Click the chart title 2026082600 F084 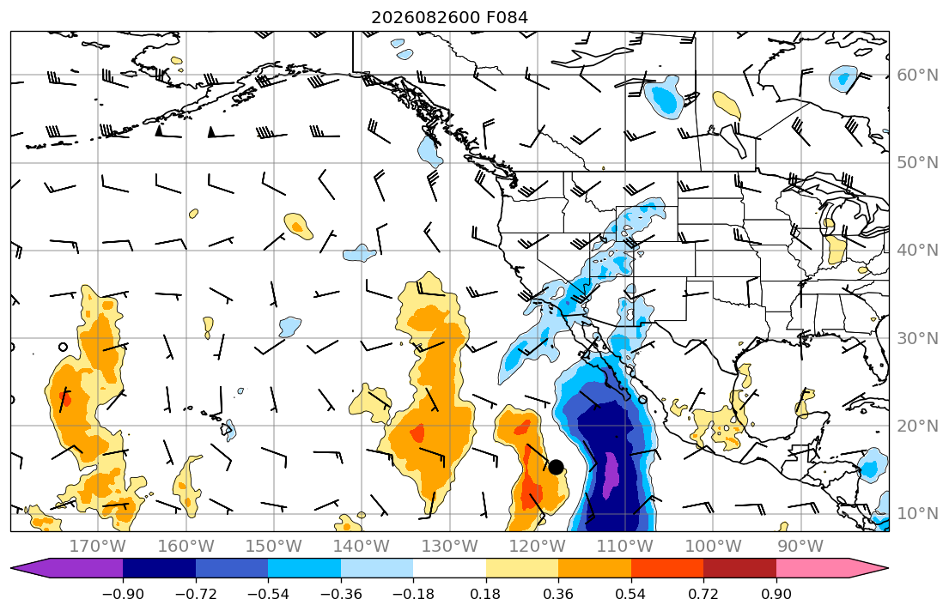449,17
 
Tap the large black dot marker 556,467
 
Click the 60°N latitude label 917,75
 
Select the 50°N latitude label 917,163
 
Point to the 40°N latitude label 917,251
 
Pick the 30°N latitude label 917,338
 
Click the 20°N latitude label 917,426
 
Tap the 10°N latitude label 917,514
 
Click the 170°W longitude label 98,547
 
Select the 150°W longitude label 274,547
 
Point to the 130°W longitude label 450,547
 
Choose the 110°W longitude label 625,547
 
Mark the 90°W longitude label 800,547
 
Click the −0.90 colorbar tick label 123,594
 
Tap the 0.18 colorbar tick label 485,594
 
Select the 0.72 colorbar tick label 703,594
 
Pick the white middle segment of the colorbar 450,568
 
